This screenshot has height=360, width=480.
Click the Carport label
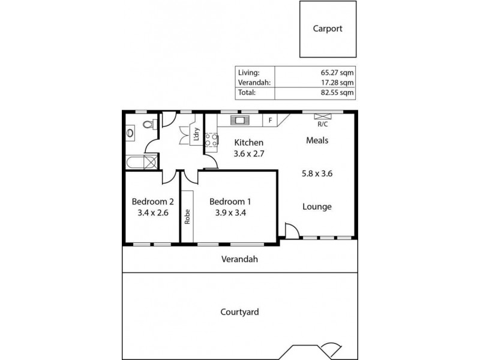pyautogui.click(x=328, y=28)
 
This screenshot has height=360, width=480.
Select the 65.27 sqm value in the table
pyautogui.click(x=337, y=72)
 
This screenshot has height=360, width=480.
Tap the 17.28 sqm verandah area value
pyautogui.click(x=337, y=82)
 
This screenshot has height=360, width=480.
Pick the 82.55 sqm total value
pyautogui.click(x=337, y=93)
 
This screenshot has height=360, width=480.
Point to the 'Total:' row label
pyautogui.click(x=247, y=93)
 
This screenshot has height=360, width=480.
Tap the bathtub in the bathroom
pyautogui.click(x=142, y=162)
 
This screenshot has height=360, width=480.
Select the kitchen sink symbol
pyautogui.click(x=239, y=119)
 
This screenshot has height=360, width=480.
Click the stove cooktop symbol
pyautogui.click(x=211, y=140)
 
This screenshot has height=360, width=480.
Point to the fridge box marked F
pyautogui.click(x=270, y=120)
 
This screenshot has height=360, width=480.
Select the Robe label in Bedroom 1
pyautogui.click(x=187, y=216)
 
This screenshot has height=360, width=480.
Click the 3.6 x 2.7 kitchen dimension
pyautogui.click(x=249, y=154)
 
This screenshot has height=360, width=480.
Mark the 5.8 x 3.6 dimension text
pyautogui.click(x=317, y=175)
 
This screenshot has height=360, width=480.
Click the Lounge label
pyautogui.click(x=317, y=207)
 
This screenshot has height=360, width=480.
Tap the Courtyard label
pyautogui.click(x=239, y=312)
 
